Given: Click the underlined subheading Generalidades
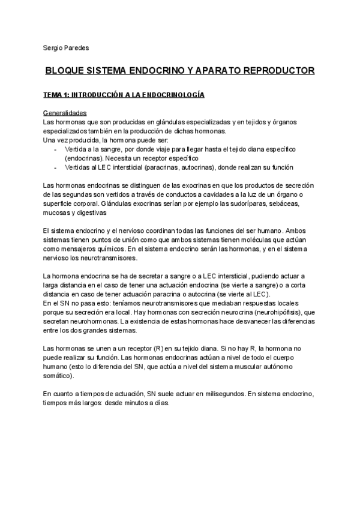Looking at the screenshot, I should coord(65,113).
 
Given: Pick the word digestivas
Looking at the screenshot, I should coord(90,212).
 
